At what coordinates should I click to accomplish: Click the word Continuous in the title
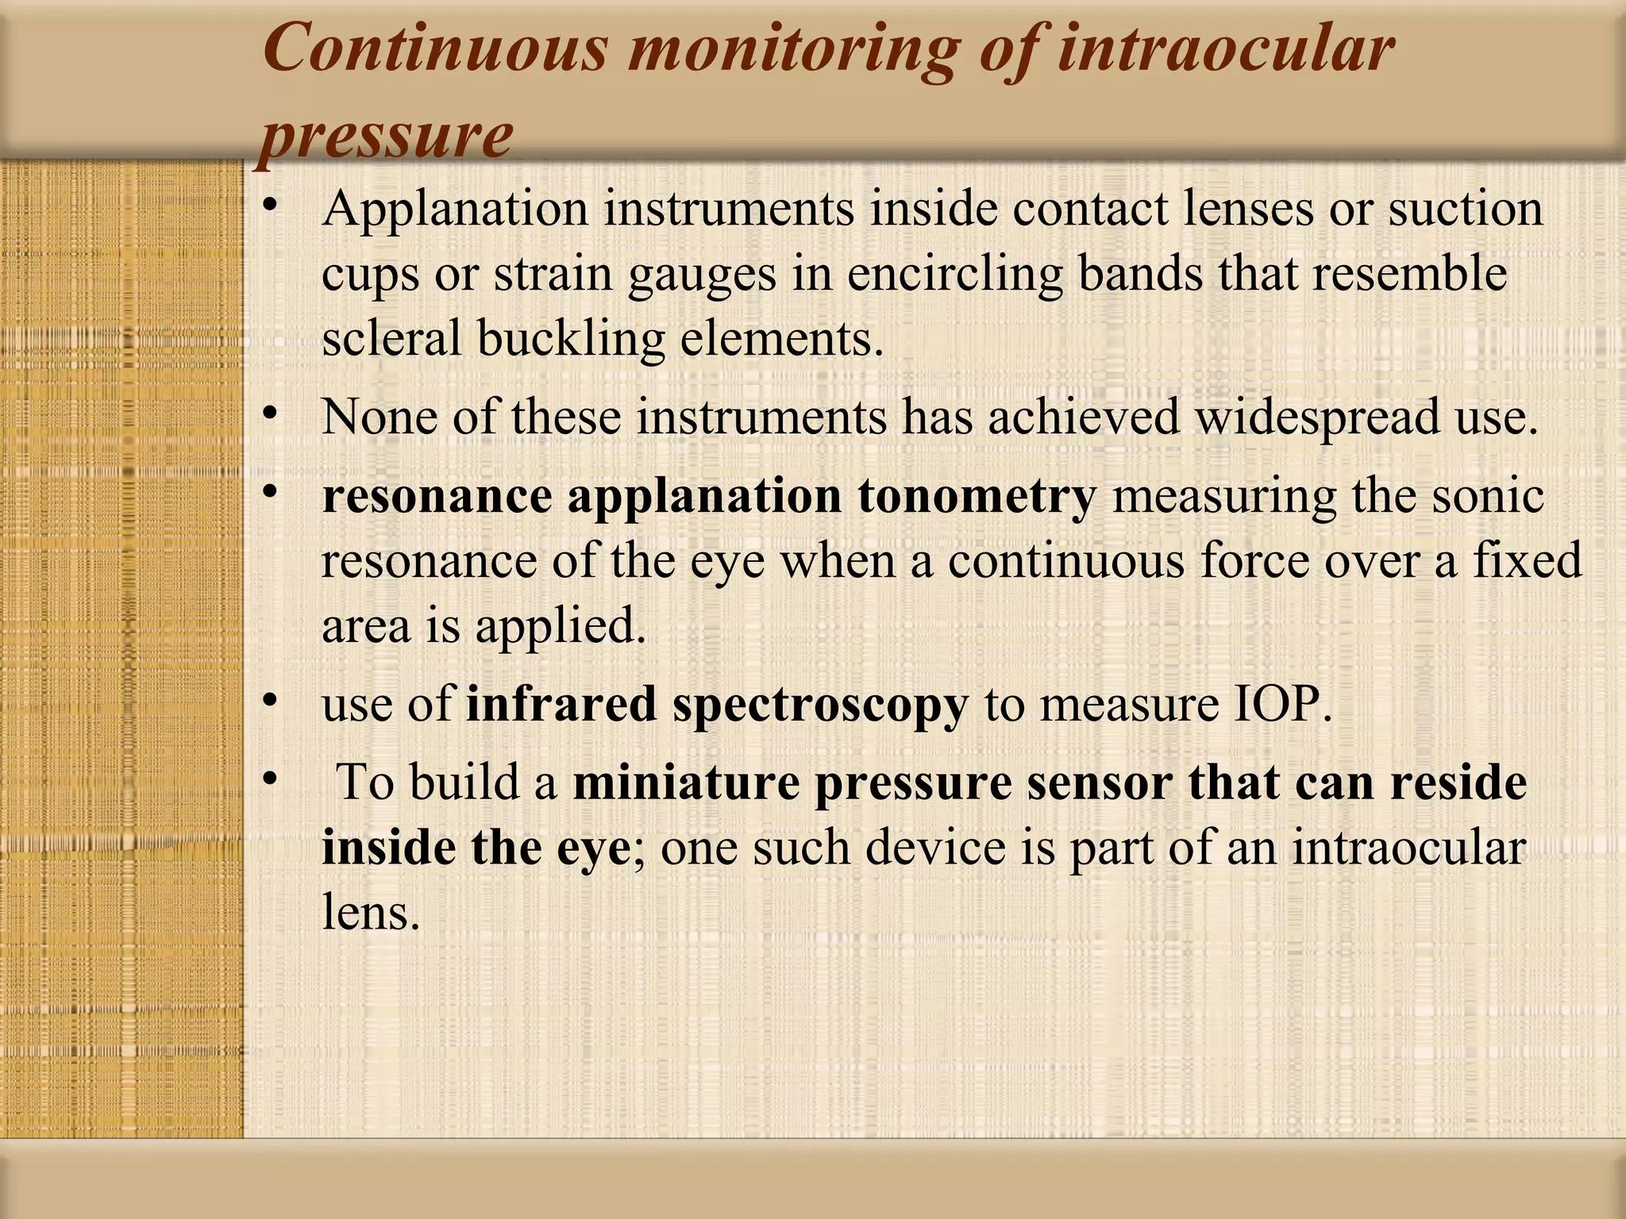pyautogui.click(x=435, y=49)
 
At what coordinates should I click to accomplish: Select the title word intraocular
pyautogui.click(x=1226, y=49)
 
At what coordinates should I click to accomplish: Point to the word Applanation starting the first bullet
pyautogui.click(x=455, y=210)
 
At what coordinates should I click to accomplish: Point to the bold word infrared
pyautogui.click(x=561, y=704)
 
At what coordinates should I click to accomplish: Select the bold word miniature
pyautogui.click(x=686, y=783)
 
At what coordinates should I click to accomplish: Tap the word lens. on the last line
pyautogui.click(x=370, y=912)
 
